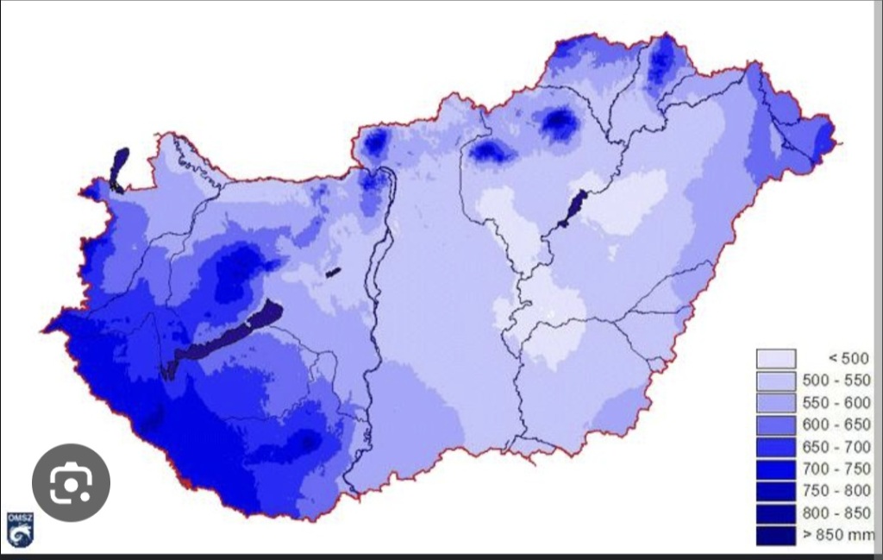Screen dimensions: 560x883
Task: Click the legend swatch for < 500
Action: tap(775, 358)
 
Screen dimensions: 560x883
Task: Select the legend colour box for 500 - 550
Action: tap(775, 381)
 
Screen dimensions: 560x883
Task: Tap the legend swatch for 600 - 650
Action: tap(775, 425)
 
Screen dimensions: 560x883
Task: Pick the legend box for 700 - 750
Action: tap(775, 469)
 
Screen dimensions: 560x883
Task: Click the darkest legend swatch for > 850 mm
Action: tap(775, 535)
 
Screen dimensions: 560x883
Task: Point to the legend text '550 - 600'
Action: tap(836, 403)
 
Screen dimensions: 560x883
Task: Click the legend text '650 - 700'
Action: tap(836, 447)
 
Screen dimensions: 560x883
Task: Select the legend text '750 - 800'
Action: tap(836, 491)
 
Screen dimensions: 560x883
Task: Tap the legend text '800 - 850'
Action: tap(836, 513)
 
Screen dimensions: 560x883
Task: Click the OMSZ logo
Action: tap(20, 529)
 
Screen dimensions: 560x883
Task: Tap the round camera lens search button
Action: tap(71, 482)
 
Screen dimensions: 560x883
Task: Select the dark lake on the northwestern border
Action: tap(118, 167)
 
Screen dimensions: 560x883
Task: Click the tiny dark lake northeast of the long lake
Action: tap(333, 273)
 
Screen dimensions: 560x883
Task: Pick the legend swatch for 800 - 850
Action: tap(775, 513)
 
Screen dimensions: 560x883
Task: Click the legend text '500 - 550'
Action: tap(836, 381)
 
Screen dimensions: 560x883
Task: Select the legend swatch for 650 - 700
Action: tap(775, 447)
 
